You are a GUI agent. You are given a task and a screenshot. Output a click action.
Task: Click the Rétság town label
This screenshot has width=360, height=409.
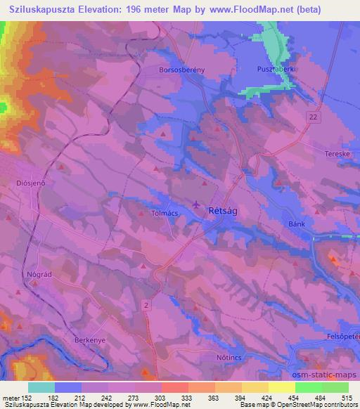224,210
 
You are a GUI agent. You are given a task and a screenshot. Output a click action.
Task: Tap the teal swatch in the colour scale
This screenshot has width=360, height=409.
41,387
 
